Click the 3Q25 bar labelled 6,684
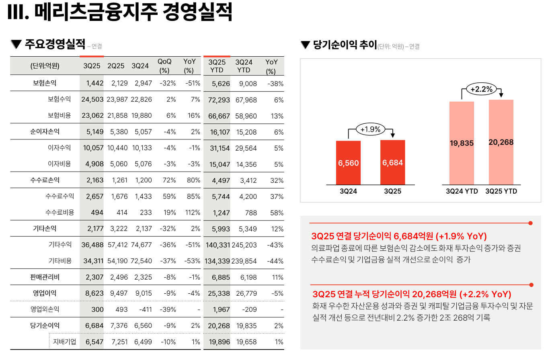pos(393,162)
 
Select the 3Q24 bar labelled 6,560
pos(348,163)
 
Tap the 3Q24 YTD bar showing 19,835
pos(462,143)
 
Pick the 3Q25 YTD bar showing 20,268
pos(501,142)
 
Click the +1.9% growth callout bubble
pos(370,129)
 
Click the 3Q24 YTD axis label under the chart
pos(462,191)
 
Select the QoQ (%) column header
pos(164,66)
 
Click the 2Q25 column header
pos(116,66)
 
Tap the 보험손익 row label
pos(45,84)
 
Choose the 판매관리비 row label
pos(45,277)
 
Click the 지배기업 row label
pos(64,342)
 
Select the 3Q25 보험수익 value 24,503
pos(92,100)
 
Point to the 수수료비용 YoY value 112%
pos(193,213)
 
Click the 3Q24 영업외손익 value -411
pos(144,309)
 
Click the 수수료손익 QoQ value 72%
pos(169,180)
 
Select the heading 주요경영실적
pos(55,44)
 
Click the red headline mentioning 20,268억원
pos(412,294)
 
